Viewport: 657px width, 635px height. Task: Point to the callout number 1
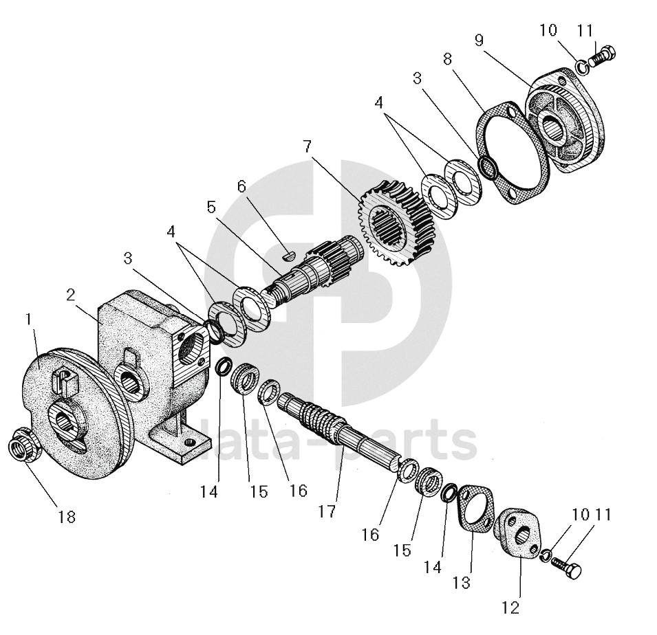[28, 319]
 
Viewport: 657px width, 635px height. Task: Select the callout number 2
[70, 295]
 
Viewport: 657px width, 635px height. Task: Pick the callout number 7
[307, 147]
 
